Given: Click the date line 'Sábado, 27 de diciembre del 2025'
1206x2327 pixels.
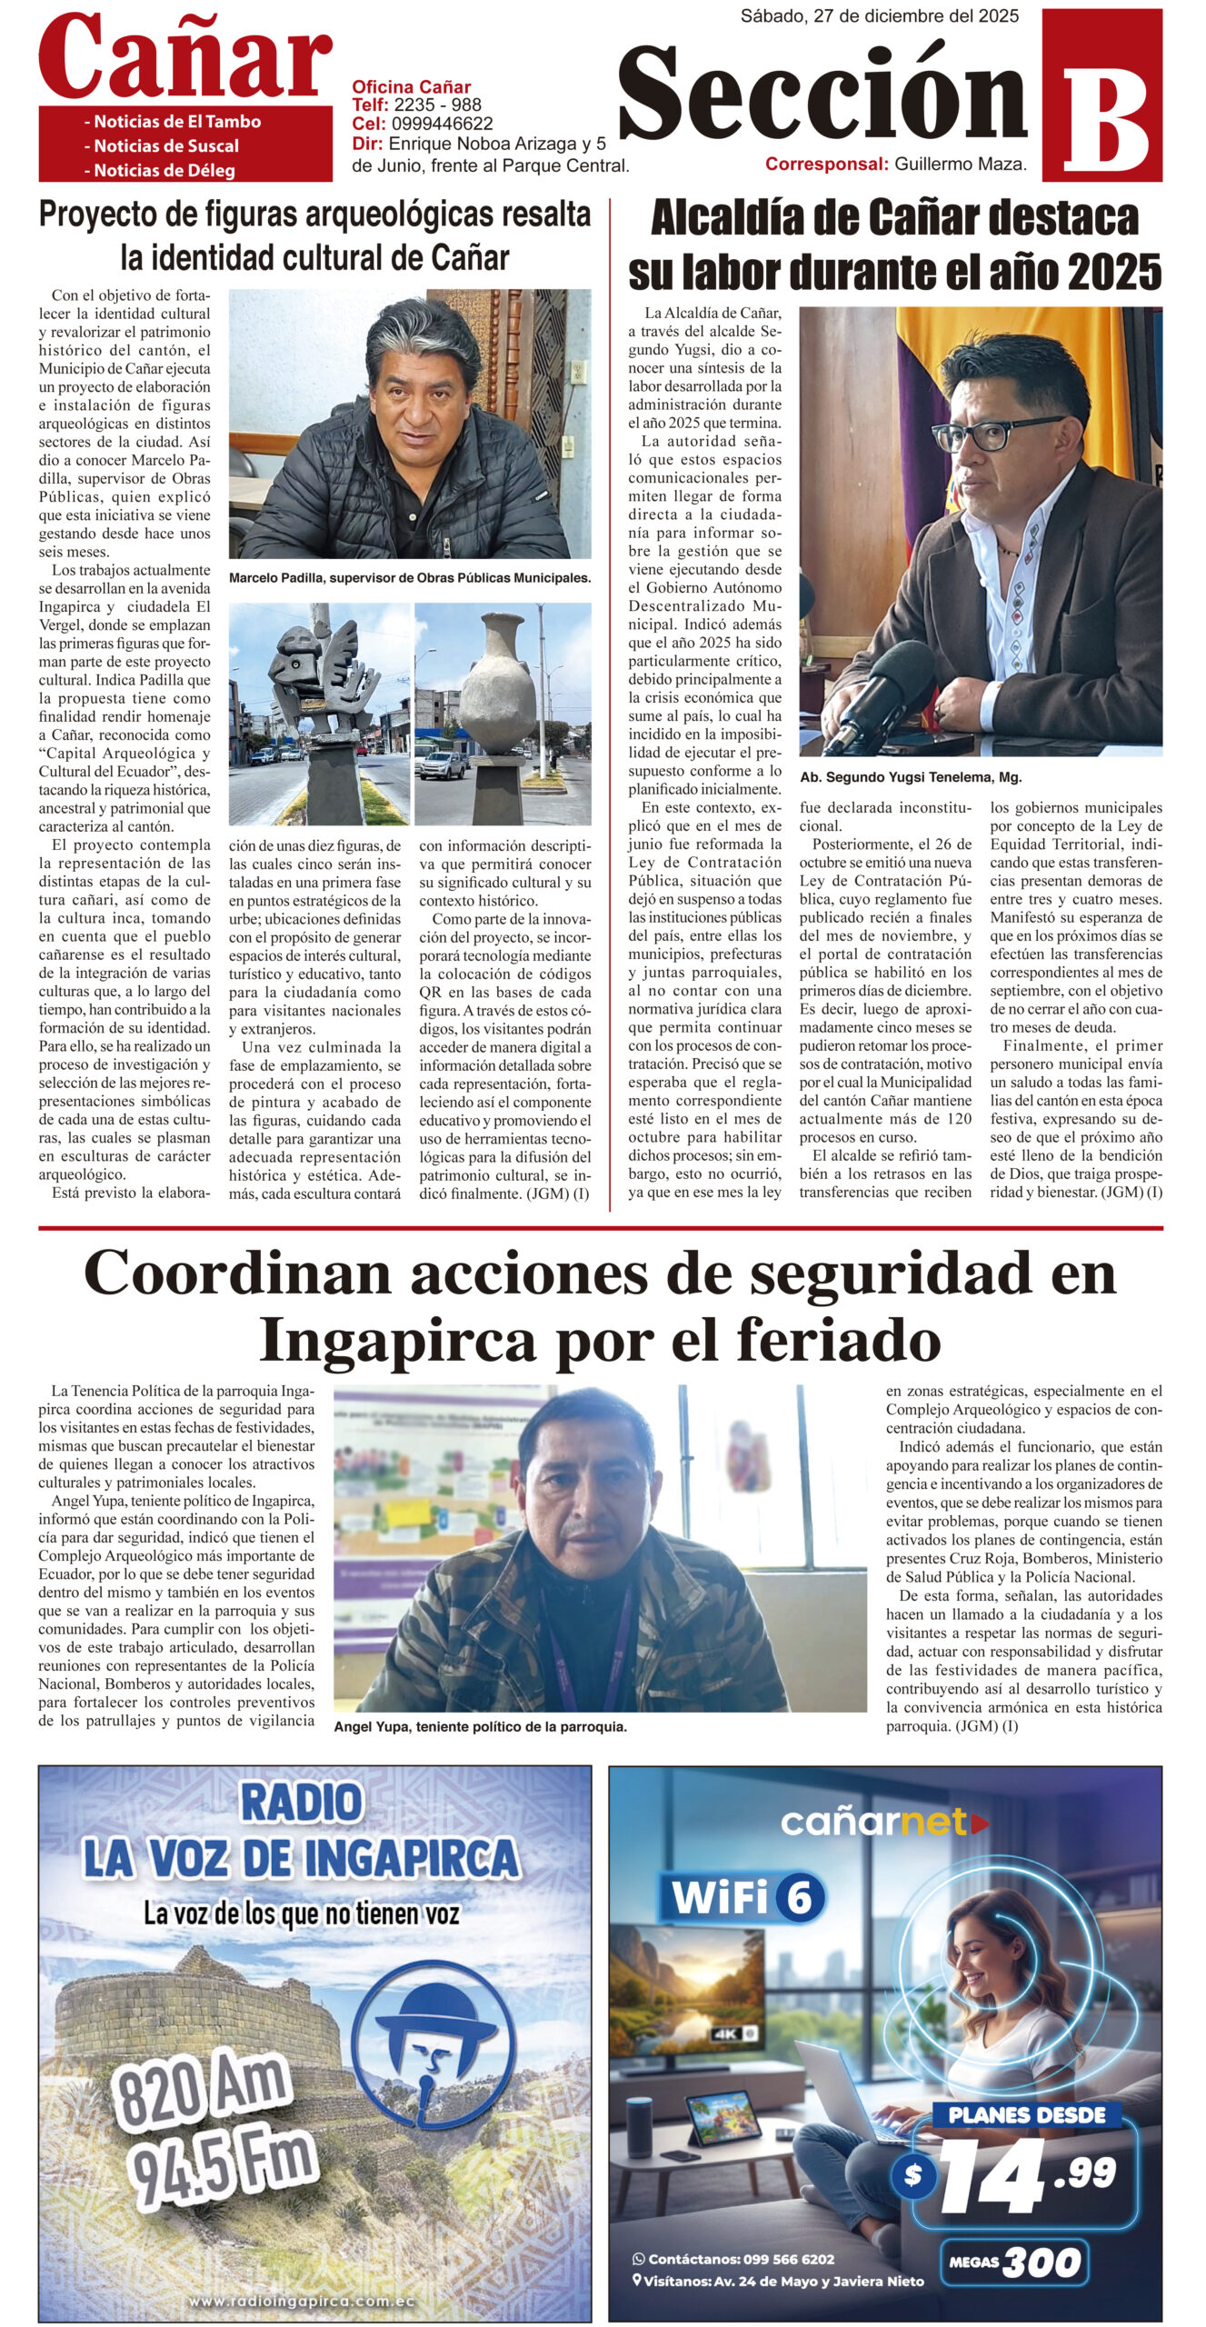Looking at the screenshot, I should (x=879, y=15).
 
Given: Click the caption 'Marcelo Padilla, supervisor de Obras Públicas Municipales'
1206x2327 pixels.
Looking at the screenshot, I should (x=410, y=578).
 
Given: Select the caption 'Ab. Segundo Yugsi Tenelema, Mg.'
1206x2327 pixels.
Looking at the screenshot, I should (x=911, y=778).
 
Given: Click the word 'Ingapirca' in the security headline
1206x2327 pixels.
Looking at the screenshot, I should (x=396, y=1341).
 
